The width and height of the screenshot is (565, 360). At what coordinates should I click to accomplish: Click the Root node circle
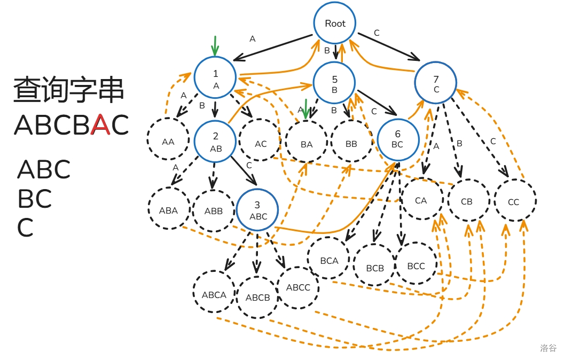(x=335, y=24)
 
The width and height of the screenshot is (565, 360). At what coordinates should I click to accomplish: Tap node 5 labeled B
(x=334, y=83)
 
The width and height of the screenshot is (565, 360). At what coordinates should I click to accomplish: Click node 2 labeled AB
(x=216, y=142)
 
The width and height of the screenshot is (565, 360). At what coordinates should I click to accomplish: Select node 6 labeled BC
(x=397, y=139)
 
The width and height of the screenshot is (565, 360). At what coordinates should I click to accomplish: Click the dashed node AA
(x=168, y=142)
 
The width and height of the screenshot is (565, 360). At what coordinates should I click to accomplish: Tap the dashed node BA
(x=307, y=144)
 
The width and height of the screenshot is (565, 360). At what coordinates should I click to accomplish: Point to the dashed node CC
(x=514, y=202)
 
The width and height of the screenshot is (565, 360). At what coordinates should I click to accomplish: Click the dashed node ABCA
(x=214, y=294)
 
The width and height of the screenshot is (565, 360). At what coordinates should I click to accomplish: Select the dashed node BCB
(x=375, y=268)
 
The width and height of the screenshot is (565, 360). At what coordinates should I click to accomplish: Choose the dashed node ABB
(x=214, y=211)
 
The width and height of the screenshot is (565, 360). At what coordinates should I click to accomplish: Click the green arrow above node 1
(x=215, y=46)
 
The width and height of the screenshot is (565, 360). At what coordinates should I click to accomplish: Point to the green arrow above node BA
(x=305, y=109)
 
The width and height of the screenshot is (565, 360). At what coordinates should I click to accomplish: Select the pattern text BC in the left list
(x=35, y=199)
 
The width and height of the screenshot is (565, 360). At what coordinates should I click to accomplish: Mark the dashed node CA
(x=421, y=201)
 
